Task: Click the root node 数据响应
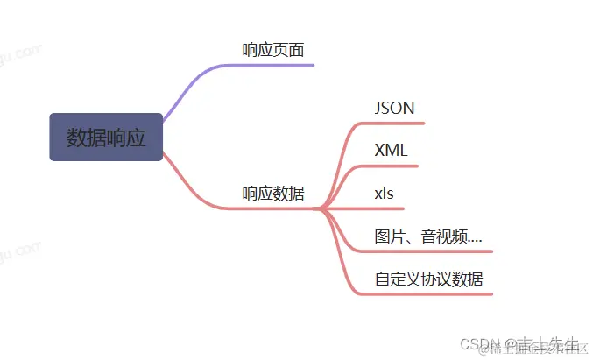106,138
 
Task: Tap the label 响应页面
273,50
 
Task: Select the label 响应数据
273,194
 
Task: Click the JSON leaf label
394,108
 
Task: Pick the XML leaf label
391,150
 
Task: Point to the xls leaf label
385,193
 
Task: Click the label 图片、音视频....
427,236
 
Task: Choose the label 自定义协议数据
428,279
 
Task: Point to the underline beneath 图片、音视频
429,251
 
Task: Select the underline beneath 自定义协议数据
429,294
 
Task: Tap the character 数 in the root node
76,138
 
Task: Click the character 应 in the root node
136,138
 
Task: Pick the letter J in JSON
378,108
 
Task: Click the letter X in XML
379,150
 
